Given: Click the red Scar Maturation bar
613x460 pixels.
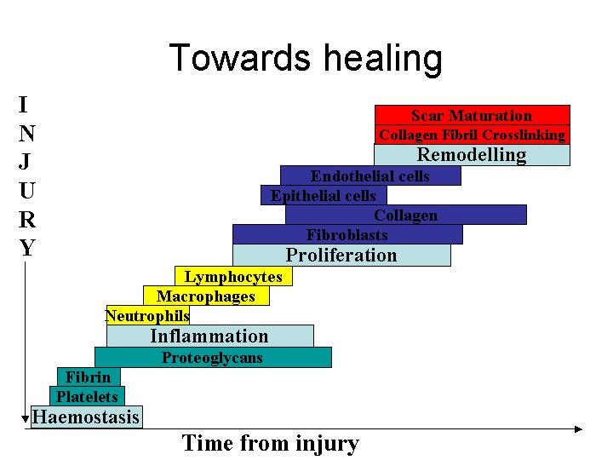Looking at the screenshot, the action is click(473, 115).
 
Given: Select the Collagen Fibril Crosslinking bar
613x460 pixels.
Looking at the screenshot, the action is click(473, 135).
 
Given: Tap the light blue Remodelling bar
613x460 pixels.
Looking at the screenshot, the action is click(472, 155).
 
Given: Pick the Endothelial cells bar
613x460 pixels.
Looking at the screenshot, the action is click(370, 175).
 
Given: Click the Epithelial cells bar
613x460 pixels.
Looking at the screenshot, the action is click(324, 195).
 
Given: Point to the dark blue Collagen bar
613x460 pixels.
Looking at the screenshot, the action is click(406, 215).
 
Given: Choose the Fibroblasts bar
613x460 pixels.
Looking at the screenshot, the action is click(347, 234).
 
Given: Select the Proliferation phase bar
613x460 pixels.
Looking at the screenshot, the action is click(341, 255).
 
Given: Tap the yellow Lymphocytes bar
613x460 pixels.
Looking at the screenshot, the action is click(233, 276).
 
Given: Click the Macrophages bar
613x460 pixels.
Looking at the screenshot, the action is click(206, 296).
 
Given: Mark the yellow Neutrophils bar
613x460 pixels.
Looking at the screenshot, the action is click(148, 315).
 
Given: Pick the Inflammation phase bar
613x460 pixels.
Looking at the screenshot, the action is click(210, 336).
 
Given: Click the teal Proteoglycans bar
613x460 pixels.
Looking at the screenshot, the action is click(213, 358).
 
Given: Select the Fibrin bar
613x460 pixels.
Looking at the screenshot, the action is click(89, 377).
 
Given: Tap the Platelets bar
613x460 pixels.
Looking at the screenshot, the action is click(87, 396).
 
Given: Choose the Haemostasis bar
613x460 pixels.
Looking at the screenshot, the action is click(87, 417).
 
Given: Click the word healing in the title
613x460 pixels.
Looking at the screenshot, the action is click(383, 59).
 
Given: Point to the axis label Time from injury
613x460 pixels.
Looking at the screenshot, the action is click(270, 444).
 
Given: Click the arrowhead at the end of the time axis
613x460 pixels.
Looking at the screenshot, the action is click(579, 429).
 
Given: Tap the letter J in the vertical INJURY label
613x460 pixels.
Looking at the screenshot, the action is click(25, 161).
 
